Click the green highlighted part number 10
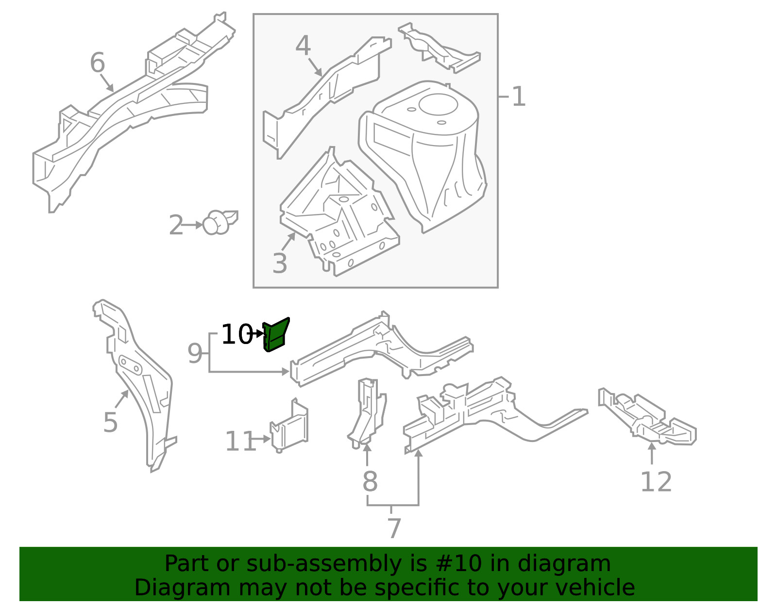275,335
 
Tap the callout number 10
236,335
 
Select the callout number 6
97,63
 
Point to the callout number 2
176,226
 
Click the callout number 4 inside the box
303,47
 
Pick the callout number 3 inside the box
280,263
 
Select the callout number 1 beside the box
519,97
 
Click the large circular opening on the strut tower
438,103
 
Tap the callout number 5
110,423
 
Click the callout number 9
195,354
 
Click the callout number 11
240,442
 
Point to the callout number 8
370,482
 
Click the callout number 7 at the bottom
394,528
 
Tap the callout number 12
656,482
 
